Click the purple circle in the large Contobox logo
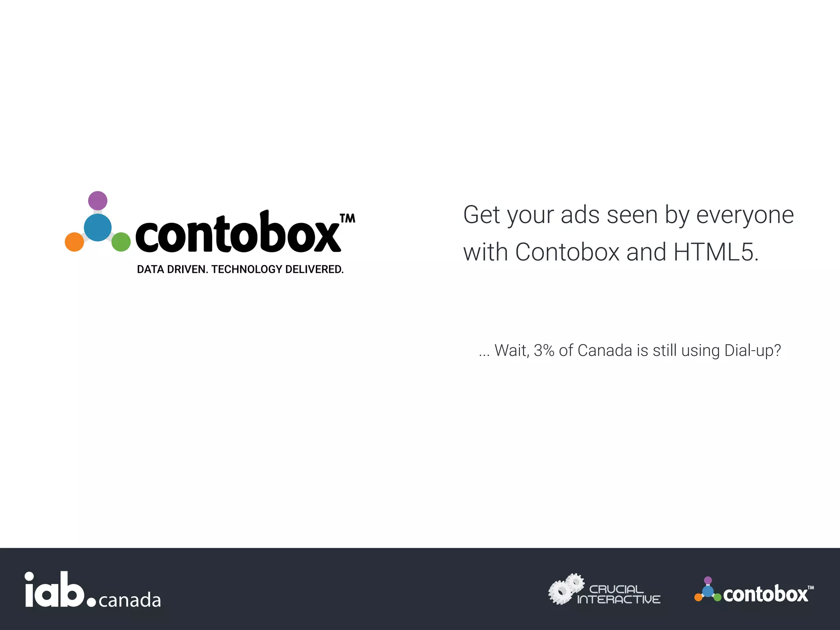98,201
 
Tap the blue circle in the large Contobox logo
98,228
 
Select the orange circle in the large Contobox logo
74,242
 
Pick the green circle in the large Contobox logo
121,242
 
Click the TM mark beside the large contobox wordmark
348,218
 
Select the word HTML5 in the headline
716,252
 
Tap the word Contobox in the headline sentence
567,252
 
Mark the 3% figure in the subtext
544,351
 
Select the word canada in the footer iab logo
130,600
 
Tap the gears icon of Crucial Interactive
566,589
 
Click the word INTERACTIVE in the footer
619,600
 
